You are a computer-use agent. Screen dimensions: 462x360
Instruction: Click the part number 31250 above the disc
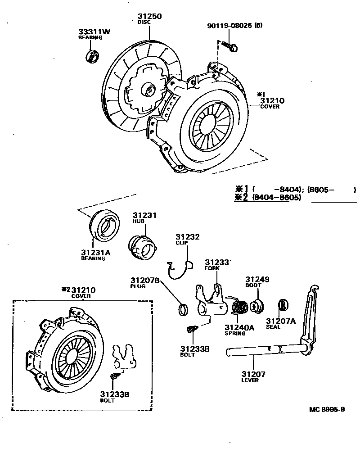tap(149, 17)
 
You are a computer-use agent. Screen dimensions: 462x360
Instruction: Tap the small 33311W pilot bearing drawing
tap(93, 57)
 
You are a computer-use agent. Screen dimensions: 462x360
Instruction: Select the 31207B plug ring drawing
tap(183, 309)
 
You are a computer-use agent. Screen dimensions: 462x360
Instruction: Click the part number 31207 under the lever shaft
tap(253, 374)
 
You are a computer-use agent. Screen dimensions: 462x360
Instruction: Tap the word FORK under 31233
tap(212, 268)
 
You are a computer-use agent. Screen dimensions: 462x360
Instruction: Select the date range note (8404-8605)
tap(276, 198)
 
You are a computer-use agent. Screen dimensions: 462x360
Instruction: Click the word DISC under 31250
tap(143, 22)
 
